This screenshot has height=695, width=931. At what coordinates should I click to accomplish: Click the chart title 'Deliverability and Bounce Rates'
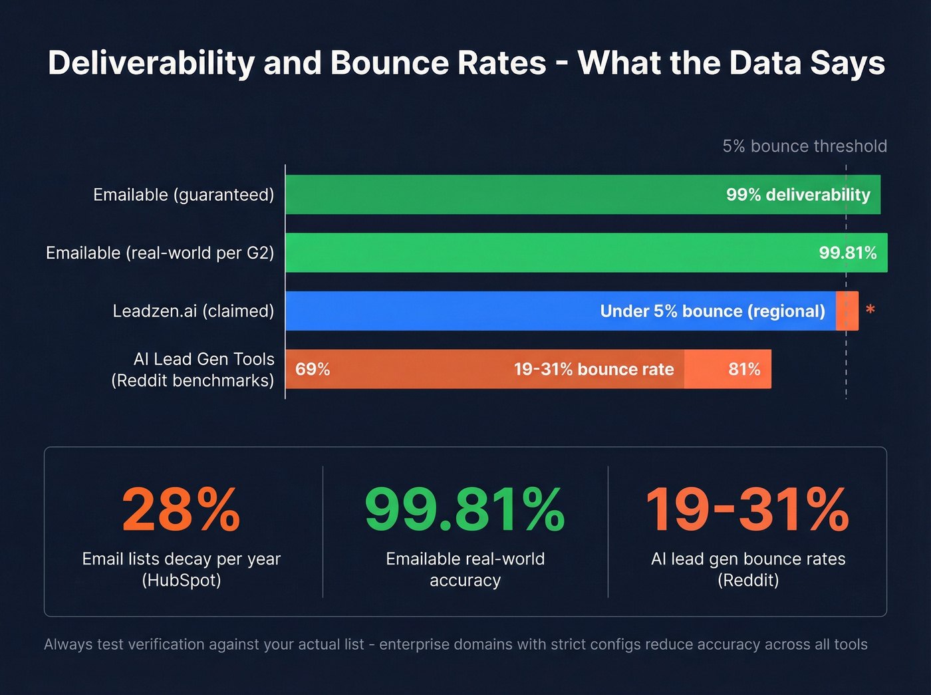coord(465,63)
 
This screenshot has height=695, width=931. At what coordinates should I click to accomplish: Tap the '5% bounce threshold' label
coord(805,146)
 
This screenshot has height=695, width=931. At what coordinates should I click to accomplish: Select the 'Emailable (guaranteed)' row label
coord(184,195)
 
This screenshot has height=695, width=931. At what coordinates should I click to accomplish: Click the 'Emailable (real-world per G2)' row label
coord(160,253)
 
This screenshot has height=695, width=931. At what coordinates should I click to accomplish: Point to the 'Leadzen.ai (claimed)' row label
coord(193,311)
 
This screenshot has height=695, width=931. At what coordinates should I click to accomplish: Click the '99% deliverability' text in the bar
coord(798,195)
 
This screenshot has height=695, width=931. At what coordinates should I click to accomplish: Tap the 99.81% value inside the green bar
coord(847,253)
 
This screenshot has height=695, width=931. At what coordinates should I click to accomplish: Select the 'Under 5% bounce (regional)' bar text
coord(712,311)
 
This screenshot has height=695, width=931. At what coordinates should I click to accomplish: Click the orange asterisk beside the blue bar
coord(870,310)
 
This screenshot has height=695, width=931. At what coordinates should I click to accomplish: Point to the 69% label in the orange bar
coord(313,369)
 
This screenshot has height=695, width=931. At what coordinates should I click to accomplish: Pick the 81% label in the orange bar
coord(744,369)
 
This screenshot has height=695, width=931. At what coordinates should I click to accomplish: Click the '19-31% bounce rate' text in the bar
coord(594,369)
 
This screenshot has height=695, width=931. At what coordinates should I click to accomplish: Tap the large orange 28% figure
coord(181,510)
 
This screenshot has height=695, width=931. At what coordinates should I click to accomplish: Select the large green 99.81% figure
coord(465,510)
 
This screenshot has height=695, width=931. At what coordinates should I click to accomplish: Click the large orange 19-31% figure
coord(747,510)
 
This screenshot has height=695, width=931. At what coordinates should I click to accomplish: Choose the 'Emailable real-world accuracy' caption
coord(465,569)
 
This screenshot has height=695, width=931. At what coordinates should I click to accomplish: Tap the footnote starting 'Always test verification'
coord(456,644)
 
